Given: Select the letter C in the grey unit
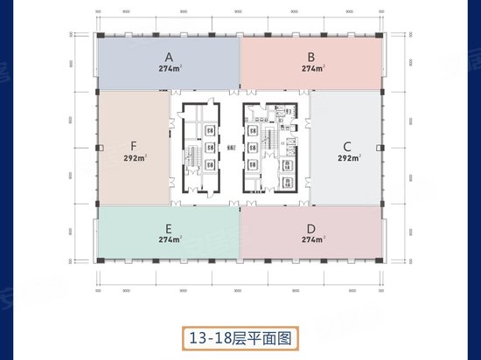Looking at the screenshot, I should pyautogui.click(x=347, y=146).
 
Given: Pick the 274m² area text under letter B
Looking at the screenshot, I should pyautogui.click(x=312, y=67).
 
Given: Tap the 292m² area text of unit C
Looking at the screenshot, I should pyautogui.click(x=349, y=159).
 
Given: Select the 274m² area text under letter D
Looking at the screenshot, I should pyautogui.click(x=312, y=239).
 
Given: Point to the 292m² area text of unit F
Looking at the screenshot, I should pyautogui.click(x=135, y=159).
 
